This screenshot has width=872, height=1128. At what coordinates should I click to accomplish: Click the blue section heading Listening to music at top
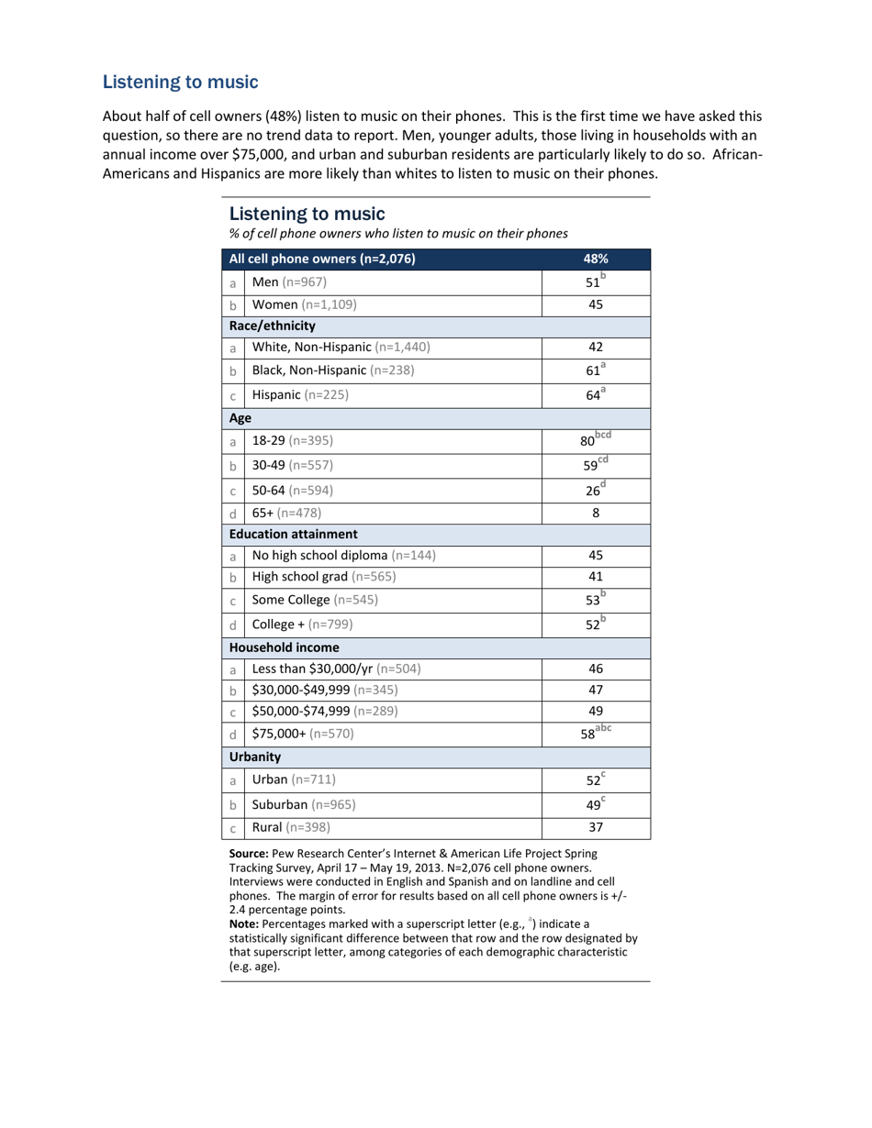point(180,83)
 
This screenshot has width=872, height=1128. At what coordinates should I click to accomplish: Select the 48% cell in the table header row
point(596,259)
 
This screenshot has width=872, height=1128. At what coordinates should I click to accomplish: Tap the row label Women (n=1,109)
point(304,304)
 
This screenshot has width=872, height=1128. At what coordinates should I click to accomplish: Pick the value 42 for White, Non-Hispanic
point(595,348)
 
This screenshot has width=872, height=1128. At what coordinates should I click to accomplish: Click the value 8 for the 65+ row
point(595,512)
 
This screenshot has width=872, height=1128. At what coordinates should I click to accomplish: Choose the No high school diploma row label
point(343,555)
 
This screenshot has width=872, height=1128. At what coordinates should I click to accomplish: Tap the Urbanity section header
point(255,757)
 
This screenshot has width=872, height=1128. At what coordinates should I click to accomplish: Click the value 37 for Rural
point(595,826)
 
